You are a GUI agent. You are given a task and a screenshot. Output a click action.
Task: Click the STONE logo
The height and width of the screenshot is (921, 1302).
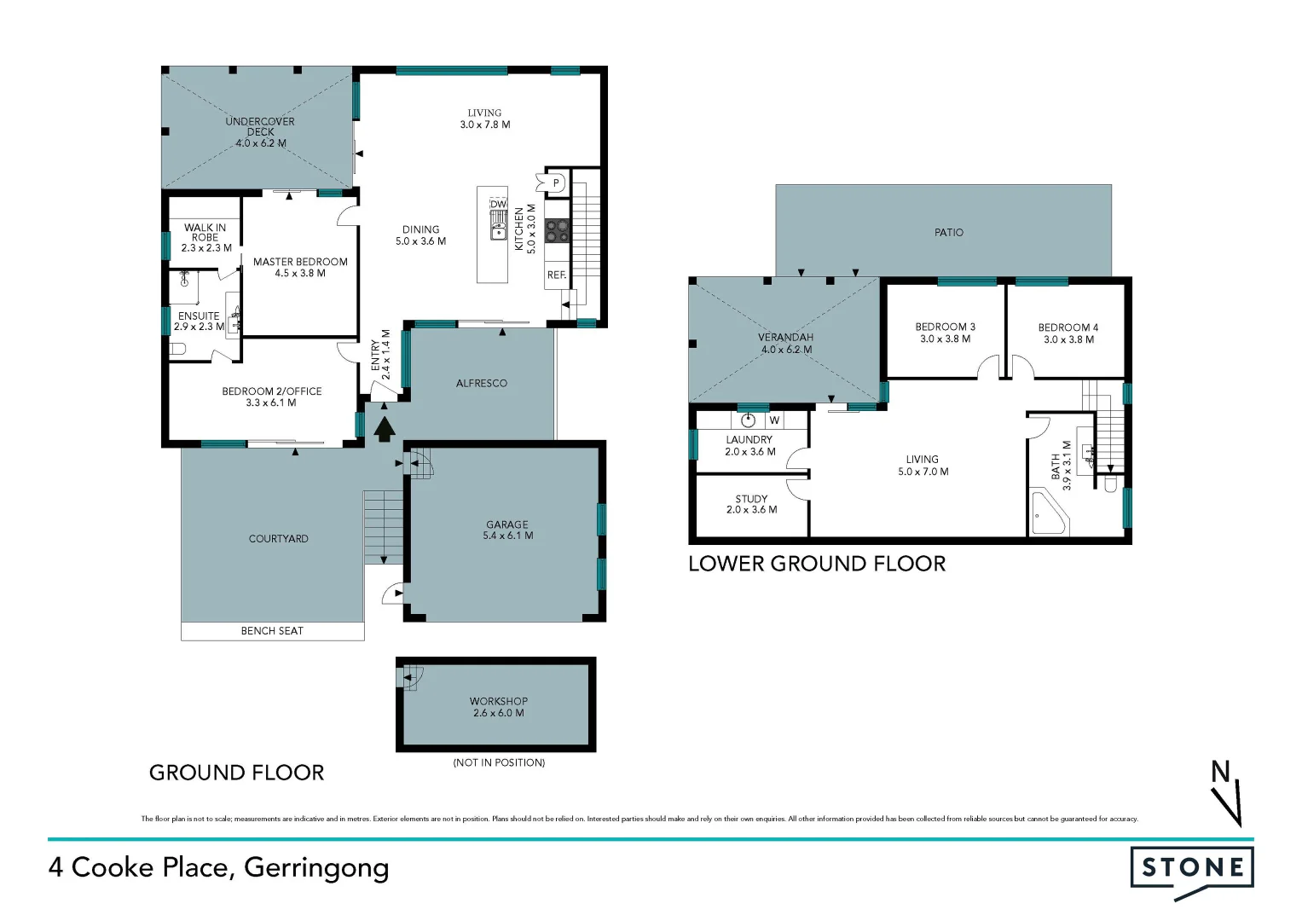(x=1192, y=869)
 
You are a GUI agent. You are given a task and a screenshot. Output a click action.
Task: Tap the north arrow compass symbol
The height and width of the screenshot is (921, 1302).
(x=1227, y=794)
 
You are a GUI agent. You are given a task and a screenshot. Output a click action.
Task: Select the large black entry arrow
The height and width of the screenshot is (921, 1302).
(x=385, y=428)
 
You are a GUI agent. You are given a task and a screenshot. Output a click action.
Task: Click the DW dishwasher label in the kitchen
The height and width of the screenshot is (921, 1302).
(x=498, y=205)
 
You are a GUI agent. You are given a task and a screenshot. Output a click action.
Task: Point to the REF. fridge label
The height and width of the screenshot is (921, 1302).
(x=557, y=275)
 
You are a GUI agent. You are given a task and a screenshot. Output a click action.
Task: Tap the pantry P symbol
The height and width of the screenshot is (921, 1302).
(x=556, y=182)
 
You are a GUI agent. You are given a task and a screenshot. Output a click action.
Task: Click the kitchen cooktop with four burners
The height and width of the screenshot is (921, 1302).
(x=557, y=230)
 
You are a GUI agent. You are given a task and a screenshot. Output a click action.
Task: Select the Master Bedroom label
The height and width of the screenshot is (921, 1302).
(x=300, y=262)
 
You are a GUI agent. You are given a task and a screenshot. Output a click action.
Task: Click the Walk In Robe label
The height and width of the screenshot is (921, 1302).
(x=205, y=233)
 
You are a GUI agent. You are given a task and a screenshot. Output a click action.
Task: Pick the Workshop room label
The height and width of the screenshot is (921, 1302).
(x=499, y=701)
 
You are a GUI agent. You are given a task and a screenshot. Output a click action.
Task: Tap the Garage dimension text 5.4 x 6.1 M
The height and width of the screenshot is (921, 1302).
(x=508, y=536)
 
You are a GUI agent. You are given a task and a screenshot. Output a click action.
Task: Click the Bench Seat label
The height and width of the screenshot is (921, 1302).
(x=272, y=631)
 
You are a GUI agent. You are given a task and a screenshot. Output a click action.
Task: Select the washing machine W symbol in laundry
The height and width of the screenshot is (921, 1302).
(x=774, y=420)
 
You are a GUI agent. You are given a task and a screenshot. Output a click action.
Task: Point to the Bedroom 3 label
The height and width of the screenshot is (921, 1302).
(x=945, y=327)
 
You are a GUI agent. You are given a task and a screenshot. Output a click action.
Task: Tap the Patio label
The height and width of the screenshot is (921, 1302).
(x=949, y=232)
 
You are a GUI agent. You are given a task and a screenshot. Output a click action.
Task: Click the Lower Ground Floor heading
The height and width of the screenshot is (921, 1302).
(x=817, y=564)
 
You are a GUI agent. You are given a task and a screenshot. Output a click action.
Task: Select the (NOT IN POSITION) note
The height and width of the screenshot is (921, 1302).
(x=499, y=762)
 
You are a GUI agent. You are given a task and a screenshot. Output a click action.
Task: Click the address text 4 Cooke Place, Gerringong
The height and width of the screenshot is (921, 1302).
(x=219, y=867)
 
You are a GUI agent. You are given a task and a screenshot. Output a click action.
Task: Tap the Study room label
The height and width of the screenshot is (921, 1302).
(x=751, y=499)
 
